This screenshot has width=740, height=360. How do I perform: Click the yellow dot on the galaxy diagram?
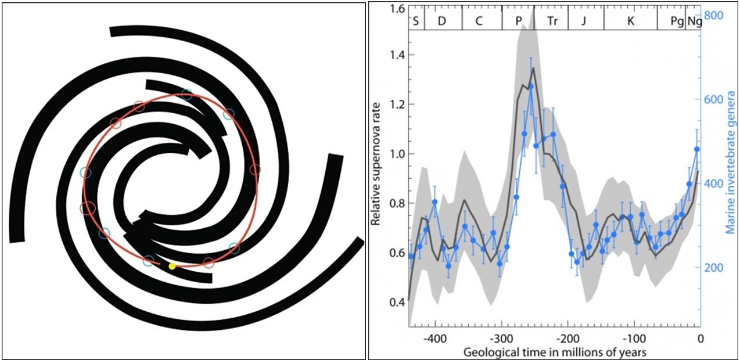point(172,266)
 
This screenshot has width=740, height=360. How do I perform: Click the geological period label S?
point(416,22)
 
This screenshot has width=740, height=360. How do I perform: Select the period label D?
point(442,22)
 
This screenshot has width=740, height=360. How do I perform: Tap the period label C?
point(479,22)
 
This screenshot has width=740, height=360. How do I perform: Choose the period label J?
point(584,22)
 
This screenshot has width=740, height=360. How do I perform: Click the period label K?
point(630,22)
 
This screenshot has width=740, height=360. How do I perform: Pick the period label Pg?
point(677,22)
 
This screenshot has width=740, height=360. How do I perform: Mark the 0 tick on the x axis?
point(700,338)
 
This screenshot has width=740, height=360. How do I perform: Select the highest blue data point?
point(530,87)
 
